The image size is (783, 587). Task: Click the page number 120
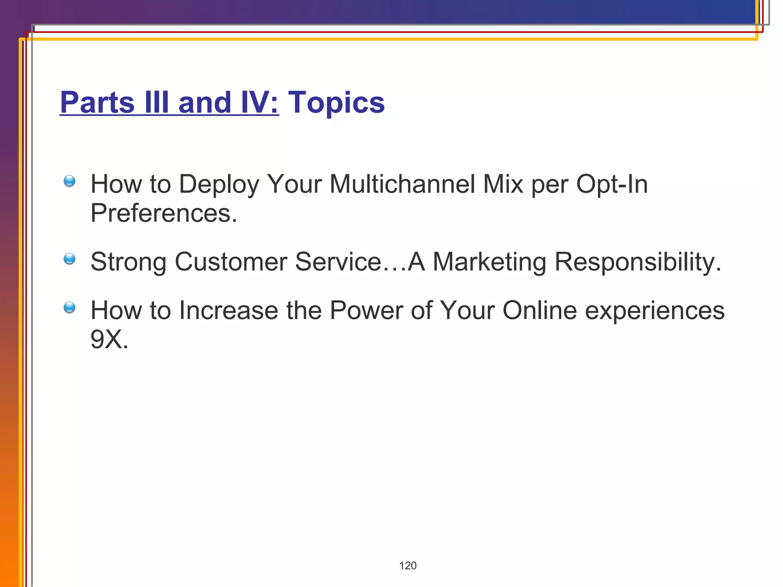408,566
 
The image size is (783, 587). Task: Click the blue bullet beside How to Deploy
70,181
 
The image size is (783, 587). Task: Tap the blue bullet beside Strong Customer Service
70,259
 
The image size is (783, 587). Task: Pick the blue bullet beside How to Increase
70,307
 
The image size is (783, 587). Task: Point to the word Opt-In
612,184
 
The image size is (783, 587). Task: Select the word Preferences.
163,213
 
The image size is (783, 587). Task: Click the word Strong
128,262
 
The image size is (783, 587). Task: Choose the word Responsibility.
637,262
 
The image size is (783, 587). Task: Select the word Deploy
219,184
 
